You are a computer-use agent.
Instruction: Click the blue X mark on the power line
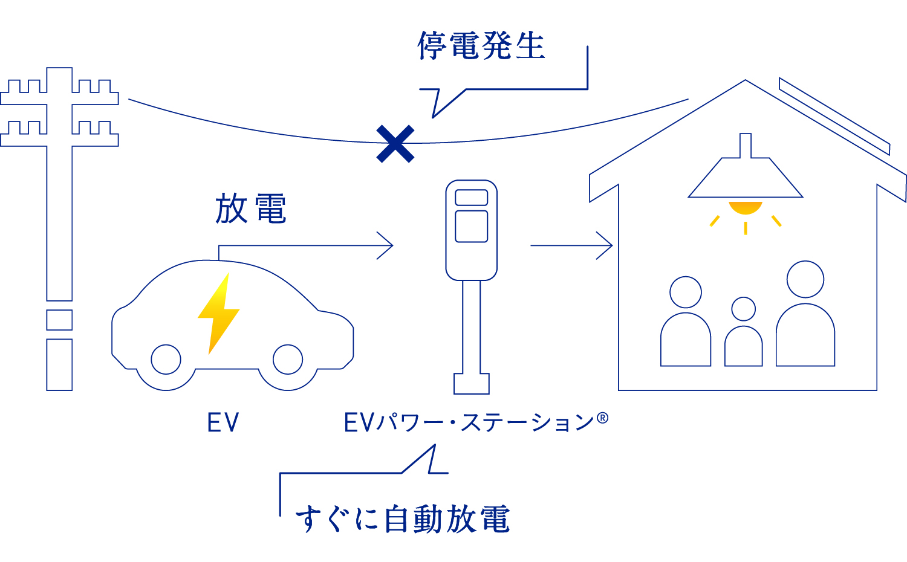coord(395,144)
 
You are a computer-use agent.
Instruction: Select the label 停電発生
coord(481,46)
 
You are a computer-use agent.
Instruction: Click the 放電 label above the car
coord(250,209)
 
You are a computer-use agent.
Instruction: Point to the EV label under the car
coord(223,422)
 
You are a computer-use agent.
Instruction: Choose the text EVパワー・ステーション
coord(469,422)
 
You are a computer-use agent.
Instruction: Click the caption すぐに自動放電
coord(403,519)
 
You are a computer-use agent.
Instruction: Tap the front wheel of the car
coord(288,360)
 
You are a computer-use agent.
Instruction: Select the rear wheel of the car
coord(166,360)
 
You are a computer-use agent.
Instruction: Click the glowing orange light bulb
coord(746,208)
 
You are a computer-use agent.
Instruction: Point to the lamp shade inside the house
coord(746,178)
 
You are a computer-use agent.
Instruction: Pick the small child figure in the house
coord(744,335)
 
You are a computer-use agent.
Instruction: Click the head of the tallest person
coord(805,279)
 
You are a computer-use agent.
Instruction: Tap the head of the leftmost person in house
coord(686,292)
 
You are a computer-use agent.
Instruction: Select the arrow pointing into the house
coord(571,245)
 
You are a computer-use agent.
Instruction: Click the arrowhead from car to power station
coord(387,245)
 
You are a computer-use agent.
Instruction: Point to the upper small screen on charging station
coord(472,198)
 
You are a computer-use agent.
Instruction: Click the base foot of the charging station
coord(472,383)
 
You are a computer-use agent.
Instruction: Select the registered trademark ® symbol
coord(602,418)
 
